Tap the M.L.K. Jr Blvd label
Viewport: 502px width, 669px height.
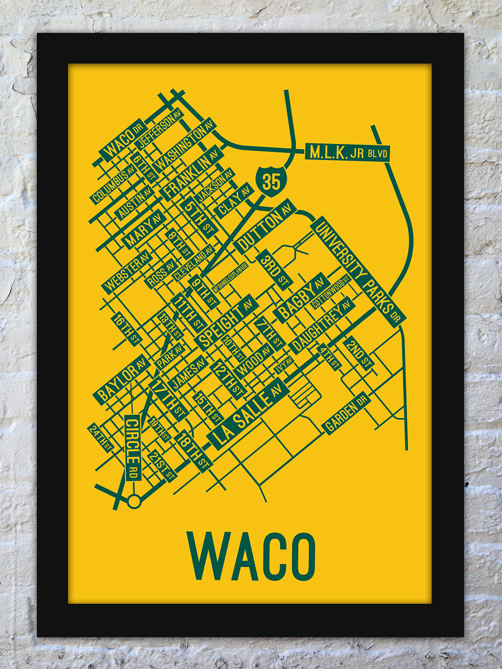click(347, 152)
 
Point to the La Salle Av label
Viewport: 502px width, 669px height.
click(249, 413)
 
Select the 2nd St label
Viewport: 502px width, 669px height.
click(358, 353)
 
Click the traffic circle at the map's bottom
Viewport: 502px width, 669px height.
click(134, 501)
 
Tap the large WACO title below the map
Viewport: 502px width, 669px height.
click(251, 556)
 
